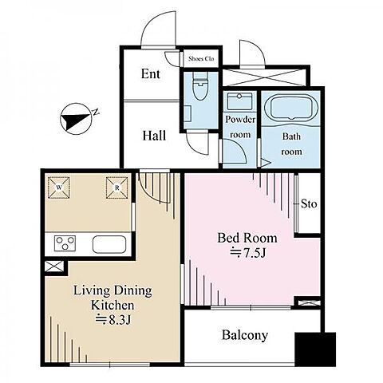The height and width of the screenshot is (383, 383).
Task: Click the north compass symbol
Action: click(x=77, y=119)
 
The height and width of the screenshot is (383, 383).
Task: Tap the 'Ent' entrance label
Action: click(x=151, y=74)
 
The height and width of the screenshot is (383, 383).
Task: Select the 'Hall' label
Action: click(x=154, y=136)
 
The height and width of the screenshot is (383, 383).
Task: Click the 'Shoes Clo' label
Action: click(x=201, y=59)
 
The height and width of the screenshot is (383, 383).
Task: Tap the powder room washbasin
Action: click(x=240, y=101)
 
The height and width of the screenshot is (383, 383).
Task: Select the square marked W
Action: click(x=59, y=188)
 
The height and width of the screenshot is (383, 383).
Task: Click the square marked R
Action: click(x=116, y=188)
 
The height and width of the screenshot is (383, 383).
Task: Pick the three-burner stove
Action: click(x=65, y=243)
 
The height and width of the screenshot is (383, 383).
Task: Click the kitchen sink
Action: click(x=109, y=244)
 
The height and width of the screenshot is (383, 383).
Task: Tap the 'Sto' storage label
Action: click(x=309, y=204)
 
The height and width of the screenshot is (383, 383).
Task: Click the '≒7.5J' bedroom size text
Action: click(x=247, y=253)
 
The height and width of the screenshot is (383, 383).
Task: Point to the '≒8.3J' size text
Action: click(x=113, y=320)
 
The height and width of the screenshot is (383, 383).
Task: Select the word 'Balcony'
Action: click(x=245, y=335)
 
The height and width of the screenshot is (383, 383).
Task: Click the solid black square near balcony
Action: click(x=315, y=349)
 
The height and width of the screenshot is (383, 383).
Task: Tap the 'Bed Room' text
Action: click(x=247, y=238)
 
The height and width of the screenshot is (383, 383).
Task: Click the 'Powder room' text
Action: click(x=240, y=127)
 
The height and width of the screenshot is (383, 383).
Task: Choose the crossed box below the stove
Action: click(x=54, y=267)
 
